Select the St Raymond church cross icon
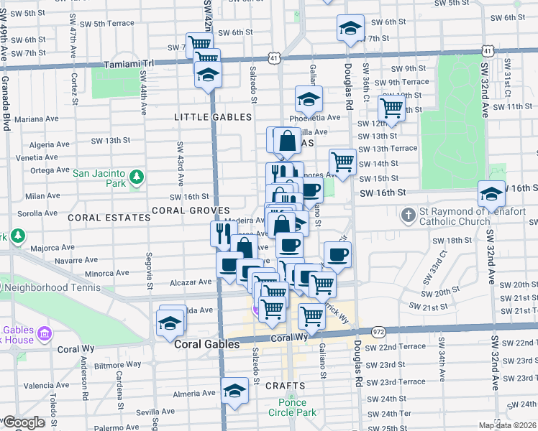click(x=408, y=215)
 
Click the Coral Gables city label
click(x=207, y=344)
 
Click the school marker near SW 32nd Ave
click(x=491, y=194)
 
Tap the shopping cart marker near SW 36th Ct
click(x=391, y=108)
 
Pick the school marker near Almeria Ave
click(x=234, y=391)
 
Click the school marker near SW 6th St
click(x=350, y=29)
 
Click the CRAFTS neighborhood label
click(x=280, y=386)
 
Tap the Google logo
click(x=23, y=422)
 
